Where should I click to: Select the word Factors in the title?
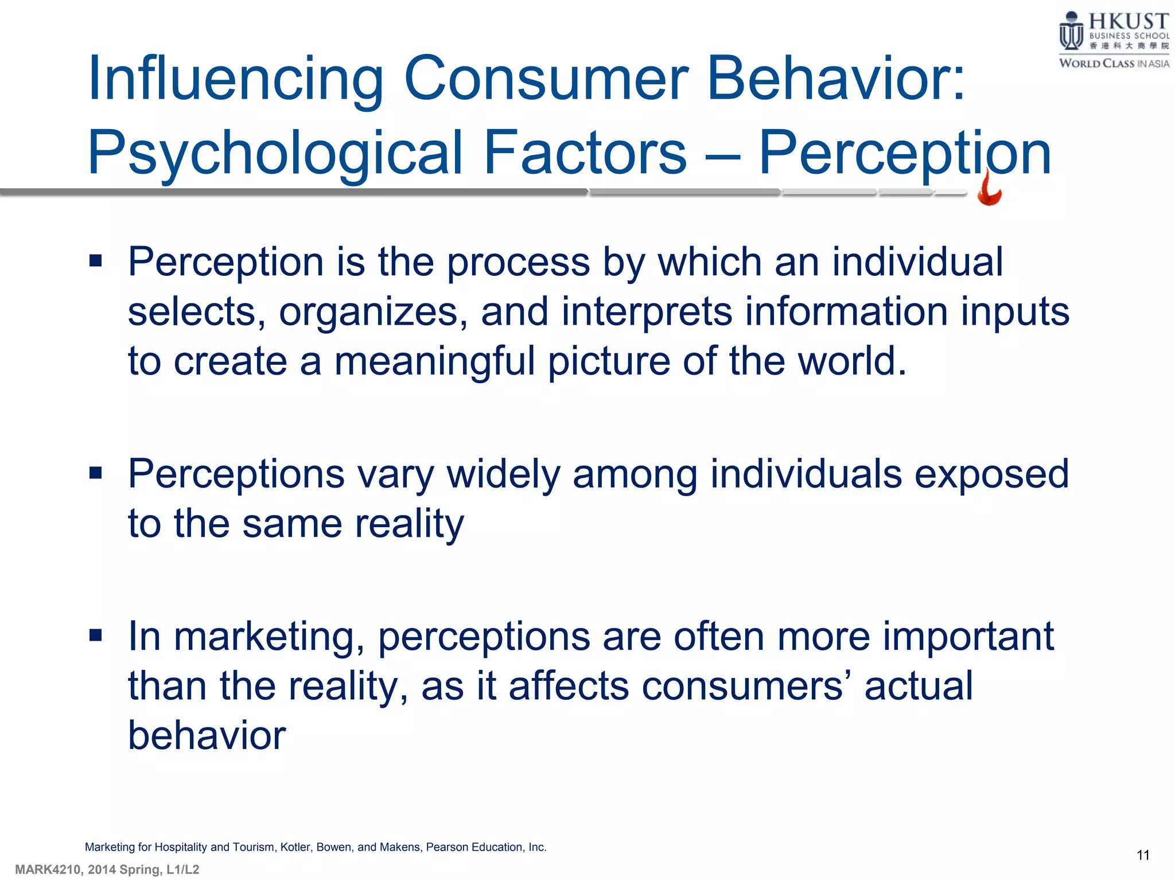(x=585, y=153)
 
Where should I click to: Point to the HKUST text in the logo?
(x=1128, y=21)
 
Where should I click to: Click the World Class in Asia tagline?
(x=1114, y=64)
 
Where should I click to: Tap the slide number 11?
(x=1143, y=855)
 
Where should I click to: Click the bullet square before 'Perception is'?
(x=96, y=262)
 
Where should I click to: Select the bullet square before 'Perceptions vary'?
(x=96, y=473)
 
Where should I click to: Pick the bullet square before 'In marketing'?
(x=96, y=635)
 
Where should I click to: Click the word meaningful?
(x=434, y=362)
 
